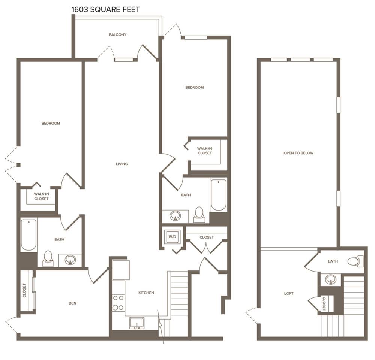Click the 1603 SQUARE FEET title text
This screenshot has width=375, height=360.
click(x=105, y=10)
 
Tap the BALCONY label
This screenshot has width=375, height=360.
click(x=117, y=34)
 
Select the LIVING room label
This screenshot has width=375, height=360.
click(x=122, y=164)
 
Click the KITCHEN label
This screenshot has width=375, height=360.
click(x=146, y=293)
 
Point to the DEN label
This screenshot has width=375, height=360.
click(x=72, y=303)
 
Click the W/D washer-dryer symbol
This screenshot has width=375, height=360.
click(x=172, y=236)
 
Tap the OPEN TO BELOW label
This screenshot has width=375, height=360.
click(x=298, y=153)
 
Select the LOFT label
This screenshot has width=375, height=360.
click(x=289, y=293)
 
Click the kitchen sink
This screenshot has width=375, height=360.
click(x=137, y=323)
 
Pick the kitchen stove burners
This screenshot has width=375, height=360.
click(x=118, y=303)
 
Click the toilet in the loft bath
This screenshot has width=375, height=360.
click(x=355, y=261)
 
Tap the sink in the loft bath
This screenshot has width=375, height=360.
click(x=331, y=279)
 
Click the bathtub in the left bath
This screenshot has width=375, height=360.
click(x=29, y=235)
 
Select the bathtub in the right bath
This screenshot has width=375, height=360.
click(x=219, y=195)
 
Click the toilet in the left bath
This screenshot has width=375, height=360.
click(x=48, y=258)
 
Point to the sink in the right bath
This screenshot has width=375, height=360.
click(x=175, y=216)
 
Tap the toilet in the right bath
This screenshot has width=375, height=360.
click(x=199, y=214)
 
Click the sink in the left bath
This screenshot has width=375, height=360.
click(x=70, y=260)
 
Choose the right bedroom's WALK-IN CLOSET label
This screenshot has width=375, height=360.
click(x=205, y=151)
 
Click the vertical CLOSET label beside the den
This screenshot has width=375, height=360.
click(x=24, y=290)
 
